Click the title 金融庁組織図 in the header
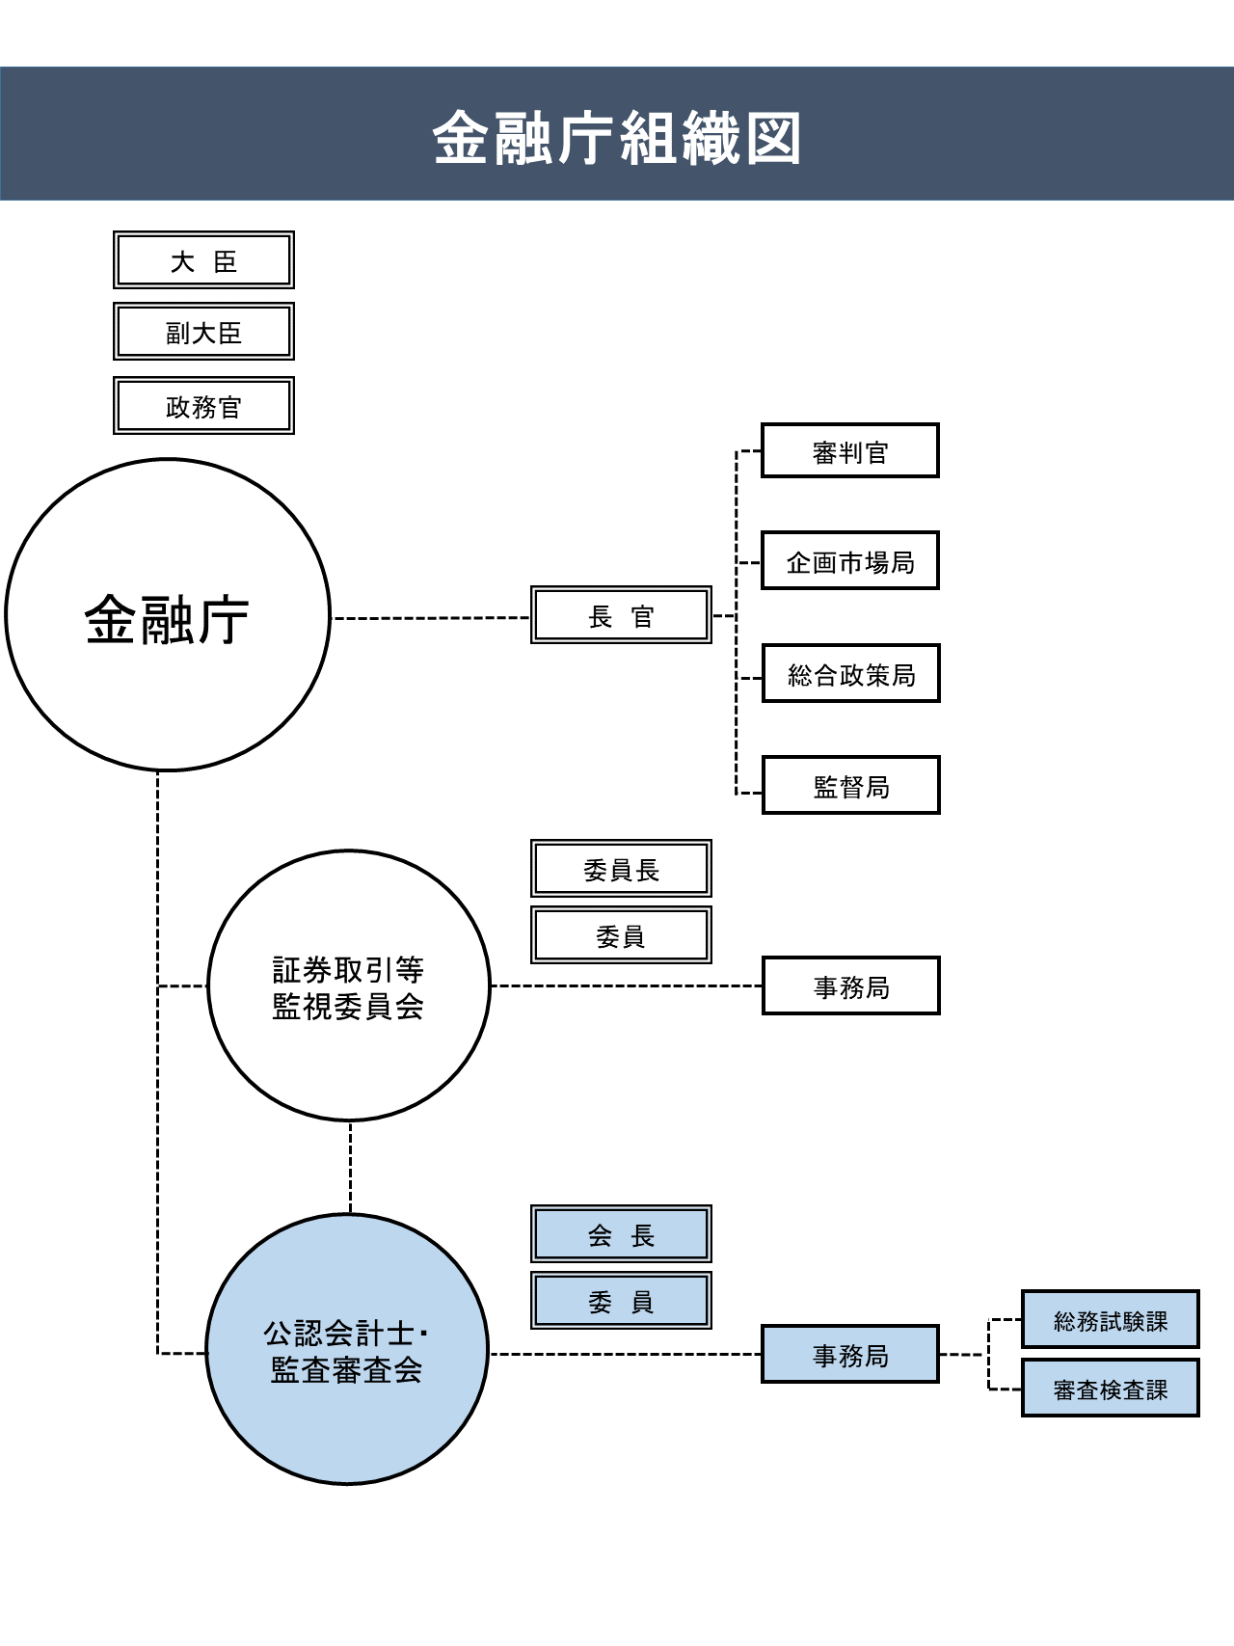617,137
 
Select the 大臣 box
203,260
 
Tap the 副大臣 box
203,333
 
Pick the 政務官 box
203,406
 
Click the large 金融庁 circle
168,615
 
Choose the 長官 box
621,615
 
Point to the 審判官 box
849,451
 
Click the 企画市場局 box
849,561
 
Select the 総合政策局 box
850,674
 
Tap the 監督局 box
850,786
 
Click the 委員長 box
621,869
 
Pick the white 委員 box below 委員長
621,935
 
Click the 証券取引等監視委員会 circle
349,985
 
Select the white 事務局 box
850,986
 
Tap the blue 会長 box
621,1234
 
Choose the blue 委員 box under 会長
621,1301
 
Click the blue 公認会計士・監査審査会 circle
347,1350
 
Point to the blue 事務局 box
849,1355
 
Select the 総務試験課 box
1110,1320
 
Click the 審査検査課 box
1110,1389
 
